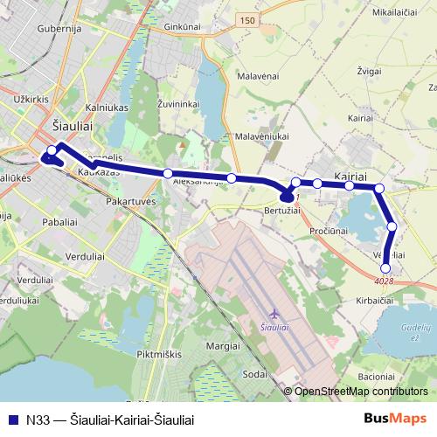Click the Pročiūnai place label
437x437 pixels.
pyautogui.click(x=329, y=230)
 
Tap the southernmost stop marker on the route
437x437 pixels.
pyautogui.click(x=386, y=268)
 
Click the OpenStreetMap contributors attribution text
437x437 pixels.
pyautogui.click(x=361, y=392)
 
